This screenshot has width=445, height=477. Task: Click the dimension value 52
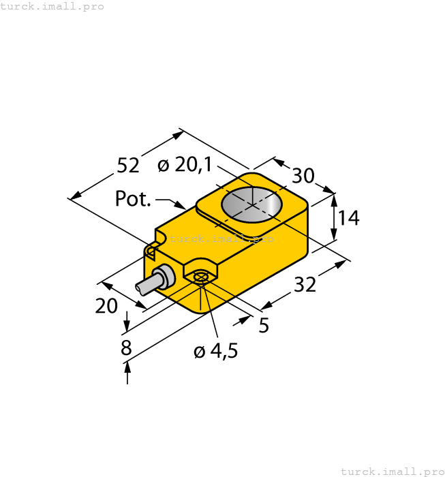click(128, 166)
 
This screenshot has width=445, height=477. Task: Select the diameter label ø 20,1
click(184, 165)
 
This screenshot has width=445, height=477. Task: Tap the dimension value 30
click(303, 176)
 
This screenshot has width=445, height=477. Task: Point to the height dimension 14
click(348, 218)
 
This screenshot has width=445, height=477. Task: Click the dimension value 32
click(305, 285)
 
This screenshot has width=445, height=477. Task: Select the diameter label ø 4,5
click(215, 352)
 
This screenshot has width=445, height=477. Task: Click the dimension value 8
click(126, 348)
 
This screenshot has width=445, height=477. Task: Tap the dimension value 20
click(106, 307)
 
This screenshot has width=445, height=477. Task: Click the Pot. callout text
click(133, 199)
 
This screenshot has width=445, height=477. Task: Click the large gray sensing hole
click(252, 204)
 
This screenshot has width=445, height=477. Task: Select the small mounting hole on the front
click(200, 277)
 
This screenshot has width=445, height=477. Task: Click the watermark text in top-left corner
click(52, 6)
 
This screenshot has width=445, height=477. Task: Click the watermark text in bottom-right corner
click(392, 471)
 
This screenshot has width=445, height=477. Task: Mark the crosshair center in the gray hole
click(252, 204)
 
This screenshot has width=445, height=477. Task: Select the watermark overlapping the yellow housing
click(221, 238)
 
